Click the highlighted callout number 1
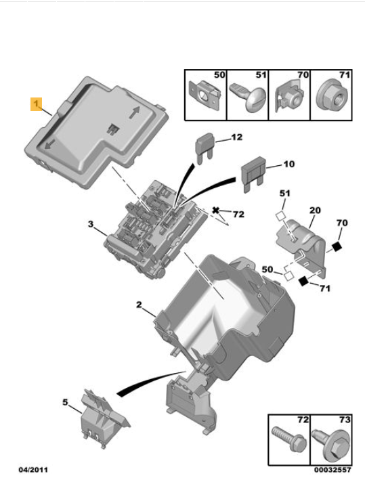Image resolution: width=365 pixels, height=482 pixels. click(37, 104)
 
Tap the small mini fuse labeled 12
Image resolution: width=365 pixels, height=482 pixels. click(205, 148)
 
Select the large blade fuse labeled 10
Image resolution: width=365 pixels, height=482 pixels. click(253, 174)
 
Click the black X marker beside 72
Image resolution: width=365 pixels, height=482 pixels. click(216, 211)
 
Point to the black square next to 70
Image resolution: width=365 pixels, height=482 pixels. click(337, 246)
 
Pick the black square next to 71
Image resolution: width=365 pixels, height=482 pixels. click(303, 281)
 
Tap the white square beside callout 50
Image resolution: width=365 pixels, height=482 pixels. click(288, 276)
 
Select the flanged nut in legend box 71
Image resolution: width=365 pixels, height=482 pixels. click(332, 97)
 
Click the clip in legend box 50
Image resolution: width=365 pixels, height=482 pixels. click(205, 95)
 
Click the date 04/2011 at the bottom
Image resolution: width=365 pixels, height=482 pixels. click(33, 470)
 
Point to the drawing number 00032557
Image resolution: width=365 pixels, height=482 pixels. click(332, 470)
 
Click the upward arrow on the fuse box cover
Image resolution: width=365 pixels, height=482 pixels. click(134, 112)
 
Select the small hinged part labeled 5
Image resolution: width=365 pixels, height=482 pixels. click(104, 418)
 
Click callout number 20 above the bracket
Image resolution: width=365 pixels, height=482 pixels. click(315, 211)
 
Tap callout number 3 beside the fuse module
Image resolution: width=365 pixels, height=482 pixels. click(91, 224)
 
